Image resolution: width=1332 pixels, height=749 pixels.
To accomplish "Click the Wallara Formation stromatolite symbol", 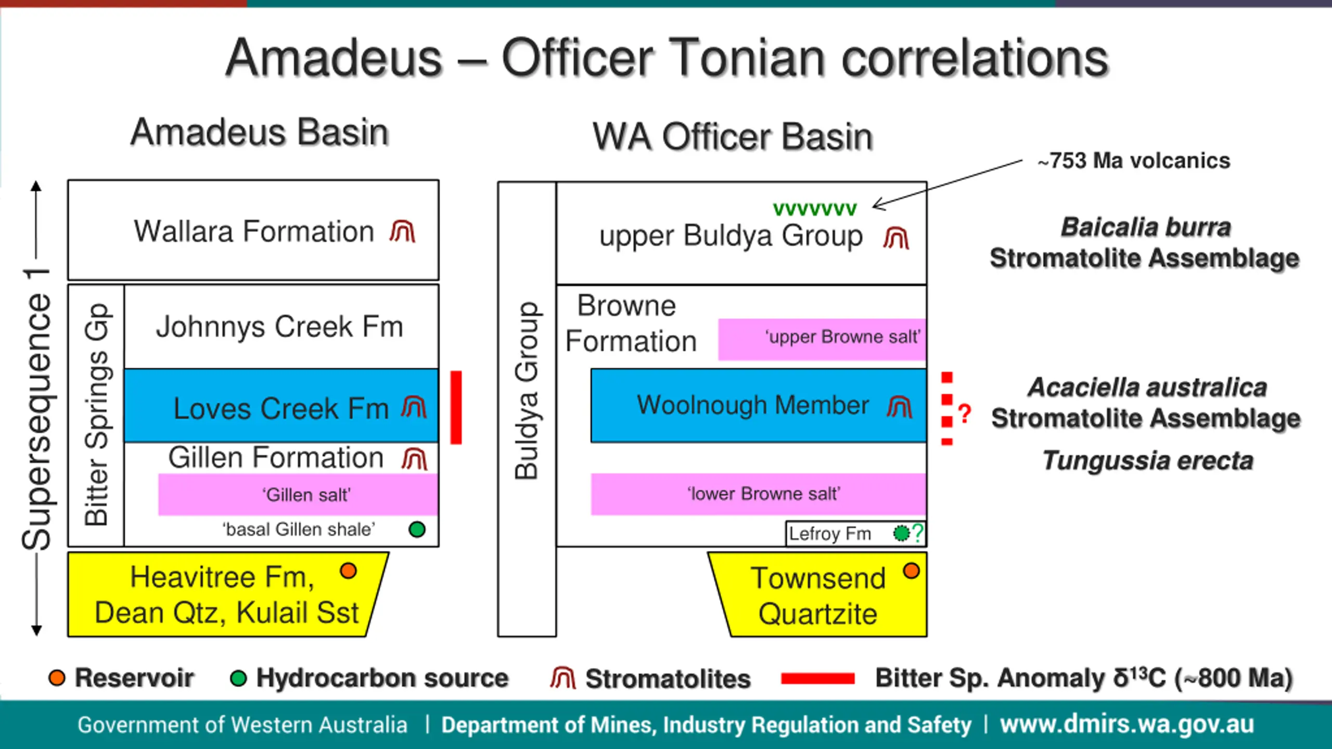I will coord(402,232).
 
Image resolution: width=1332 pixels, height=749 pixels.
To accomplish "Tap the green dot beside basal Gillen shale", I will coord(417,530).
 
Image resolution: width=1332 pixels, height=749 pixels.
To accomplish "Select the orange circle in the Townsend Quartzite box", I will coord(911,571).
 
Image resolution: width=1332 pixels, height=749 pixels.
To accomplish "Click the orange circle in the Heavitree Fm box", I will coord(348,571).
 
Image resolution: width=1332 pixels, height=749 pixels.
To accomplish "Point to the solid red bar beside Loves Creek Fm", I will coord(456,407).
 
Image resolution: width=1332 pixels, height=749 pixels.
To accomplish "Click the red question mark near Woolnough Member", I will coord(964,414).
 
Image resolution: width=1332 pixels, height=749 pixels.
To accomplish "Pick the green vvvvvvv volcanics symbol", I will coord(814,209).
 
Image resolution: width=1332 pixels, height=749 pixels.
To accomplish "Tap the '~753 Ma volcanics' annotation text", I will coord(1134,161).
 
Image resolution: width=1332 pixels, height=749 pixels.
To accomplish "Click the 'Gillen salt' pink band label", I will coord(306,495).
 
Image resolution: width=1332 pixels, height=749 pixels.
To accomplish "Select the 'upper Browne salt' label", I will coord(842,337).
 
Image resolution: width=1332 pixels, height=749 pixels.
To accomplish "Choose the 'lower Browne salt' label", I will coord(763,494).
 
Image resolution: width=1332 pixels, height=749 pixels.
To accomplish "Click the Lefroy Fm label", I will coord(829,534).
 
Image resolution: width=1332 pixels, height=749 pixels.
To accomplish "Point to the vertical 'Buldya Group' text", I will coord(527,390).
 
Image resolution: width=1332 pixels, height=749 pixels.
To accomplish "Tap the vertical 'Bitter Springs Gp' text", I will coord(97,415).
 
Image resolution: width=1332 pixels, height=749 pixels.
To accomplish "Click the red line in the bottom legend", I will coord(817,678).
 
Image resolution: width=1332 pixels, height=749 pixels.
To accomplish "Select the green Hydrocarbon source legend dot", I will coord(238,678).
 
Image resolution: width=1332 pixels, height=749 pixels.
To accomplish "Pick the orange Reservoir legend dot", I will coord(57,678).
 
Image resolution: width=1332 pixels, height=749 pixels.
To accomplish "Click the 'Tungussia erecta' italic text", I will coord(1148,461).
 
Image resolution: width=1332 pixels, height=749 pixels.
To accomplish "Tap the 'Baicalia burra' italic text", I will coord(1146,227).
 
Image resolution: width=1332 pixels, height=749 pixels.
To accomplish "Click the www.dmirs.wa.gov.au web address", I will coord(1127,725).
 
